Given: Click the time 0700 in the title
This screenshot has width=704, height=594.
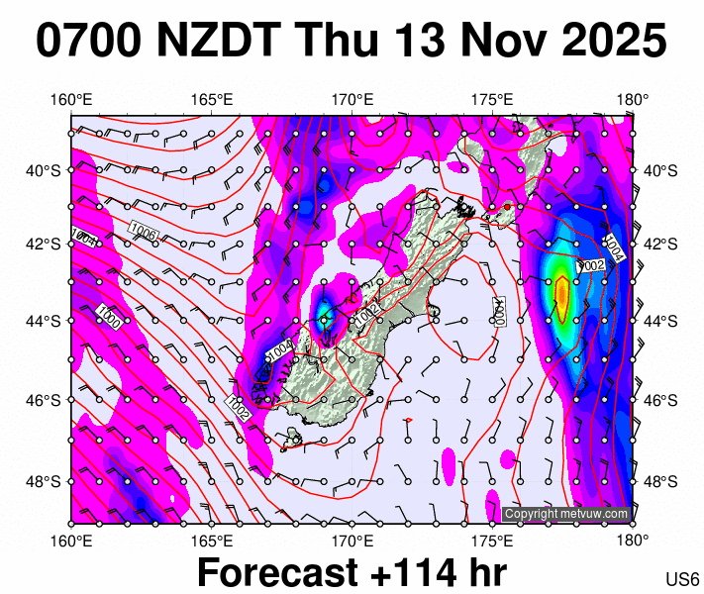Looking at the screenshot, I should [87, 42].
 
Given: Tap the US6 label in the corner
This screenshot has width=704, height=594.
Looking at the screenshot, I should [683, 579].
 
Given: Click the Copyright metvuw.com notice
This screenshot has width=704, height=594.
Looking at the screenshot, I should [565, 514].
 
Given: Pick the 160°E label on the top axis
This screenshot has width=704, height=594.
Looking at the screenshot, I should [71, 99].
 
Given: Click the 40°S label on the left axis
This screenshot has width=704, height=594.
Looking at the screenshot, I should [44, 170].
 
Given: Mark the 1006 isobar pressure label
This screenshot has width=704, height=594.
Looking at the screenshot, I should [144, 233].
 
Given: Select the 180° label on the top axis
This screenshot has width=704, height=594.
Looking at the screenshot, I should [633, 99].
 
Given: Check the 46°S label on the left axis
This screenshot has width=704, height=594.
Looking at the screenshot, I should [44, 400].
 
